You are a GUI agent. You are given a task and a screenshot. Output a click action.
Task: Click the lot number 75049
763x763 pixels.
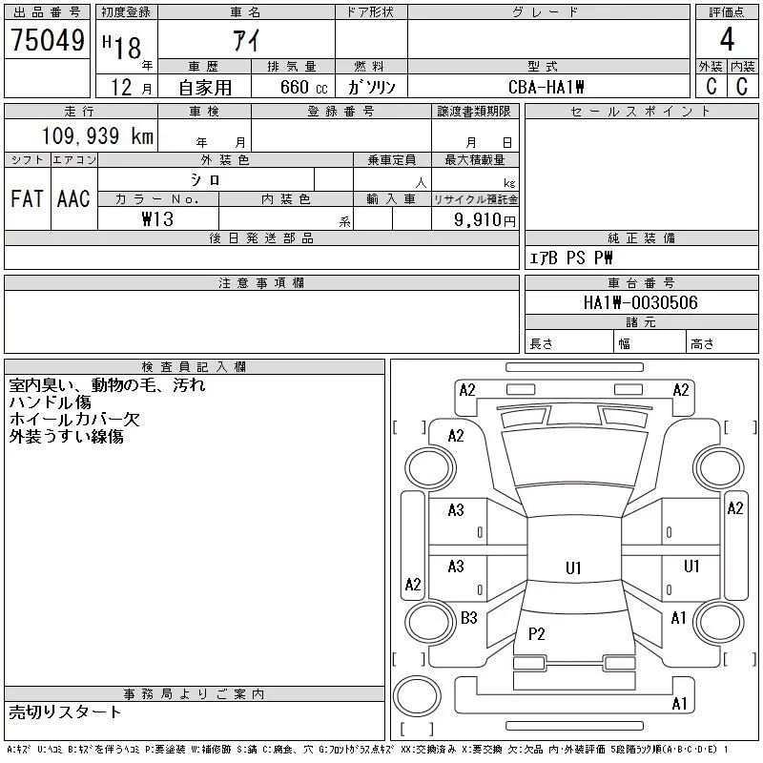click(x=48, y=41)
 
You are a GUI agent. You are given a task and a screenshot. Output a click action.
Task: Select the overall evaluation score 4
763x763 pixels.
click(x=727, y=41)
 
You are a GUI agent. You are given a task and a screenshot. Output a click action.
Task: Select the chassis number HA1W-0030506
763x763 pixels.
click(x=641, y=303)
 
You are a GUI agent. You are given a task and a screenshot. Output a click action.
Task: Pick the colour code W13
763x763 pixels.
click(x=157, y=219)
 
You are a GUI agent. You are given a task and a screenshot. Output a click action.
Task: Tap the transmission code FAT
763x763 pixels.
click(x=27, y=199)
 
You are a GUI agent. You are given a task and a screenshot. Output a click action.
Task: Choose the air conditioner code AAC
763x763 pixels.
click(x=73, y=199)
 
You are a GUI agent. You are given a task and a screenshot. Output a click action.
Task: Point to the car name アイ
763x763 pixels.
click(x=246, y=41)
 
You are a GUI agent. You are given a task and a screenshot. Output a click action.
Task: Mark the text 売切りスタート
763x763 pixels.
click(x=66, y=711)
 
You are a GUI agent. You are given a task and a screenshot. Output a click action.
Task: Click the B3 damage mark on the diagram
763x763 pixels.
click(x=468, y=618)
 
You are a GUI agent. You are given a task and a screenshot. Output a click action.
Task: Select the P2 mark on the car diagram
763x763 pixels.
click(x=536, y=633)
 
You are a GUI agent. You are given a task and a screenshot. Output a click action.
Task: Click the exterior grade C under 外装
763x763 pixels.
click(x=711, y=87)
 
